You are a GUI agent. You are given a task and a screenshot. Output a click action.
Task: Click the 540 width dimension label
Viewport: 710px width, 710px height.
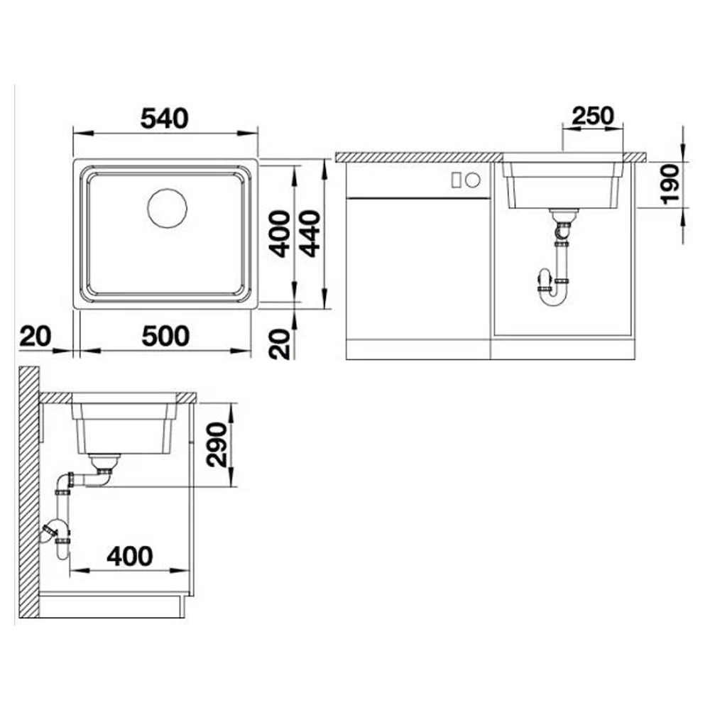[x=164, y=119]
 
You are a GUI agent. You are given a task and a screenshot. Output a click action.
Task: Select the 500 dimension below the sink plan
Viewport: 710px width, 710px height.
[x=165, y=337]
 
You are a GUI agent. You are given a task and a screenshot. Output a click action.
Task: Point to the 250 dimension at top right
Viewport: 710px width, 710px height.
[x=593, y=116]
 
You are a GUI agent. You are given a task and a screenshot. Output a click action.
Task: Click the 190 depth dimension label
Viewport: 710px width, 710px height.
[x=670, y=185]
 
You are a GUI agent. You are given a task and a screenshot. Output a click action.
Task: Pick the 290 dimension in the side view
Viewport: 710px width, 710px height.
[x=217, y=444]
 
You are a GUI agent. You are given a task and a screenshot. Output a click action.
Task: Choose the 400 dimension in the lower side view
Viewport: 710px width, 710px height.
[x=130, y=556]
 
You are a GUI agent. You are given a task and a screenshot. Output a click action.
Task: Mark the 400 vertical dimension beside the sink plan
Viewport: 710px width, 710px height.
[x=279, y=234]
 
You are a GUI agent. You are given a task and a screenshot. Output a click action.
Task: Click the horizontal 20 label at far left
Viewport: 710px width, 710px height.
[x=35, y=337]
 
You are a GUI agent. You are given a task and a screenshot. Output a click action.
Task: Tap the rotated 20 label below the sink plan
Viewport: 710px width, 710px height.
[x=279, y=344]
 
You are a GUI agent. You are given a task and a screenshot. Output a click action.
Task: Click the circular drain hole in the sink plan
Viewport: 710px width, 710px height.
[x=167, y=208]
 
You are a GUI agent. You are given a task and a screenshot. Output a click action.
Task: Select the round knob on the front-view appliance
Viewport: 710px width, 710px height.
[x=472, y=180]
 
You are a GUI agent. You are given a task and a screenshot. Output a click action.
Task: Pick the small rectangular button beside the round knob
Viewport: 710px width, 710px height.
[x=457, y=180]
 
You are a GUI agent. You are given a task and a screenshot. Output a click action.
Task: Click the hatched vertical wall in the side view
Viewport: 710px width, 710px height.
[x=29, y=492]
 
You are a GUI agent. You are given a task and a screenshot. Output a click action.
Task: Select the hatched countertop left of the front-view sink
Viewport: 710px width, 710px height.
[x=419, y=157]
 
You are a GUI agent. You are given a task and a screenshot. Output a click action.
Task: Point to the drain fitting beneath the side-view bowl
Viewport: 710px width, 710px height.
[x=104, y=462]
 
